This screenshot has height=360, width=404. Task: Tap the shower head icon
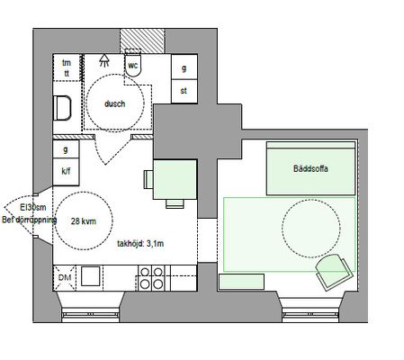click(104, 60)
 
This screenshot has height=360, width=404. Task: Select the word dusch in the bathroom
click(114, 103)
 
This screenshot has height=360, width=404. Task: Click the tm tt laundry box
click(67, 67)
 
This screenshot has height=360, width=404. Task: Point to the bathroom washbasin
click(62, 108)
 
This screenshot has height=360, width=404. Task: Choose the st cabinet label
click(184, 90)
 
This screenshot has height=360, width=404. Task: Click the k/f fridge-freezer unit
click(66, 172)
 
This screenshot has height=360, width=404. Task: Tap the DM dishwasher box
click(65, 278)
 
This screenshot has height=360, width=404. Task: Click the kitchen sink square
click(90, 276)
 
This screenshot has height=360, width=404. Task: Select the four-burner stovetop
click(151, 278)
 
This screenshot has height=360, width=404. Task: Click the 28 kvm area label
click(84, 221)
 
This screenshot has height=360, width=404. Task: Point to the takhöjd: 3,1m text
click(140, 244)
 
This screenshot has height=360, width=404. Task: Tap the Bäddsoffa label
click(310, 168)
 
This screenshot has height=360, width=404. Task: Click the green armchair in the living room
click(334, 271)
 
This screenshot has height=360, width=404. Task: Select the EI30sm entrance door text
click(33, 207)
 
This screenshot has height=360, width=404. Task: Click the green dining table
click(175, 179)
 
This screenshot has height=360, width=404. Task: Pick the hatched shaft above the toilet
click(142, 41)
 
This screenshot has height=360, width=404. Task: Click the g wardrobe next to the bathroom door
click(66, 149)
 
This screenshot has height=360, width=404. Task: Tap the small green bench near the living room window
click(241, 282)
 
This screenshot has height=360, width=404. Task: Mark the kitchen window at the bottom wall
click(91, 315)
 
